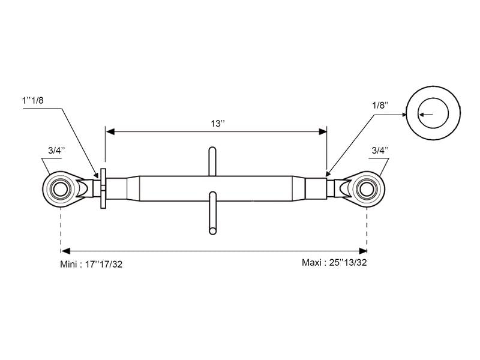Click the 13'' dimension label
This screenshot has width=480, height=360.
pyautogui.click(x=217, y=123)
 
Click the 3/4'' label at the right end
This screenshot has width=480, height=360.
pyautogui.click(x=380, y=150)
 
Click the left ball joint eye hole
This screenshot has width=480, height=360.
pyautogui.click(x=61, y=188)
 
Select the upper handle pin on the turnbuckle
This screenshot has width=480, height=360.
pyautogui.click(x=212, y=161)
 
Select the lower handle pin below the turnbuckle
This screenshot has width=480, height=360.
pyautogui.click(x=212, y=212)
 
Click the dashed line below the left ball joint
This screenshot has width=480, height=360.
pyautogui.click(x=61, y=228)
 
